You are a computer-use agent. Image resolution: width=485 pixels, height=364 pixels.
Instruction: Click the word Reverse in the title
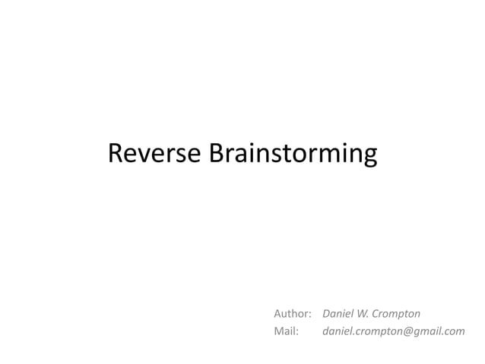pos(154,153)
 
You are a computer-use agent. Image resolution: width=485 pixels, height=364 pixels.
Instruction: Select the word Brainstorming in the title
pos(292,155)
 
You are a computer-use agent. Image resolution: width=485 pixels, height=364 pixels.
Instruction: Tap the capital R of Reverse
pos(116,153)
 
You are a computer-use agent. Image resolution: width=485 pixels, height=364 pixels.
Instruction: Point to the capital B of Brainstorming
pos(215,153)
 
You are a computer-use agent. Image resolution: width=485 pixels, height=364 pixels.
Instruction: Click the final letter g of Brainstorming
pos(369,157)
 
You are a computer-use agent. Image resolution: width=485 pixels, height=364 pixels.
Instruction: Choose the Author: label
pos(293,313)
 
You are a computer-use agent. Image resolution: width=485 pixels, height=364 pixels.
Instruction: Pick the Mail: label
pos(287,331)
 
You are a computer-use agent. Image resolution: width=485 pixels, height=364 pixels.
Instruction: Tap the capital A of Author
pos(277,313)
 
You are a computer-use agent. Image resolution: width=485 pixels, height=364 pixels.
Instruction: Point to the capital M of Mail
pos(278,331)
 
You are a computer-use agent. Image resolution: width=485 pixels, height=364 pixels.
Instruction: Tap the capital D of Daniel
pos(327,313)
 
